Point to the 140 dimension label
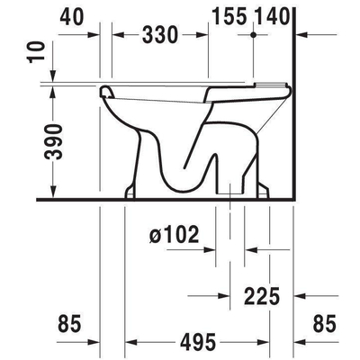pos(274,15)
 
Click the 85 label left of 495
pos(69,323)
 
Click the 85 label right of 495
pos(324,323)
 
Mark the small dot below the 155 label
pos(256,34)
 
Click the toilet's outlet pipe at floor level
pos(232,189)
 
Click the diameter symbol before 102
pos(155,236)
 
